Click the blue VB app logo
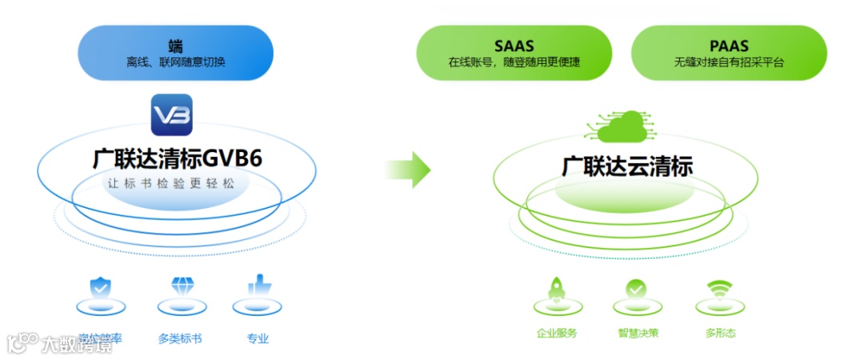[x=172, y=114]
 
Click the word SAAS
[x=514, y=46]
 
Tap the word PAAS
[x=729, y=46]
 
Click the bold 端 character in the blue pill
[x=175, y=45]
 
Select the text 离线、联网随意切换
[x=175, y=62]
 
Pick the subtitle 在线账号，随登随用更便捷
[x=514, y=62]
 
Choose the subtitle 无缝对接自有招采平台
[x=729, y=62]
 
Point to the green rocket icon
[x=556, y=289]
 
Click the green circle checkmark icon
[x=636, y=289]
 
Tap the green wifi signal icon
[x=720, y=289]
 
